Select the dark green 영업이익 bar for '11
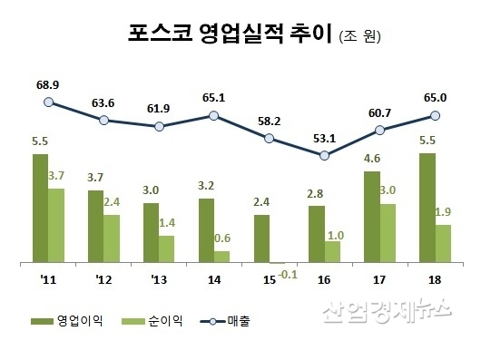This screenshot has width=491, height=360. point(40,209)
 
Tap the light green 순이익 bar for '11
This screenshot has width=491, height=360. point(56,226)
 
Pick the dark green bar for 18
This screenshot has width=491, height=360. point(427,209)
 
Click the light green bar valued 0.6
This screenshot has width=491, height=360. point(221,257)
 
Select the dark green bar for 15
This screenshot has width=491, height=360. point(261,239)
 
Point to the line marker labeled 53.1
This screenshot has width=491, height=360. point(324,155)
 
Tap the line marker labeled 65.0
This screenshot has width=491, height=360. point(435,115)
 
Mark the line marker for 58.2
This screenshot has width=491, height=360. point(269,138)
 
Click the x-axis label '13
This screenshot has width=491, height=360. point(159,279)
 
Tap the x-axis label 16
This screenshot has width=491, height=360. point(324,279)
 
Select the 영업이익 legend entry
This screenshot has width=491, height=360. point(62,321)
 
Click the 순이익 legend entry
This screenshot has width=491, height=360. point(155,321)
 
